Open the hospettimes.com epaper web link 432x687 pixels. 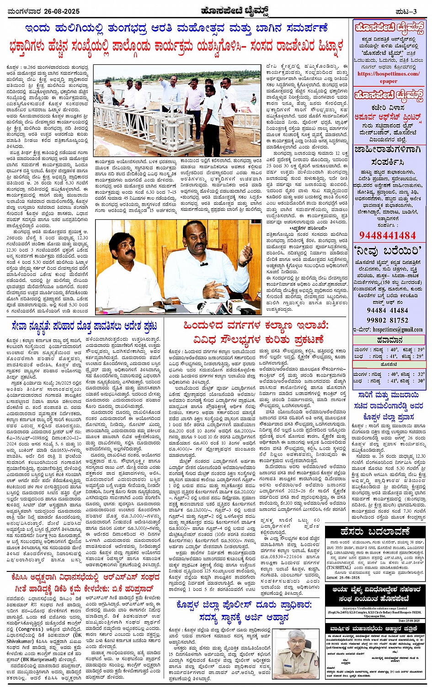(388, 77)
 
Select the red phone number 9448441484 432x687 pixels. (387, 236)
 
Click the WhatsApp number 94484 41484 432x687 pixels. (388, 310)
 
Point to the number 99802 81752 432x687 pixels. (388, 320)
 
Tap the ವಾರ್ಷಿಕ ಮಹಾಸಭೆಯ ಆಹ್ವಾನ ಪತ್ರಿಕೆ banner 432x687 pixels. (377, 629)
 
